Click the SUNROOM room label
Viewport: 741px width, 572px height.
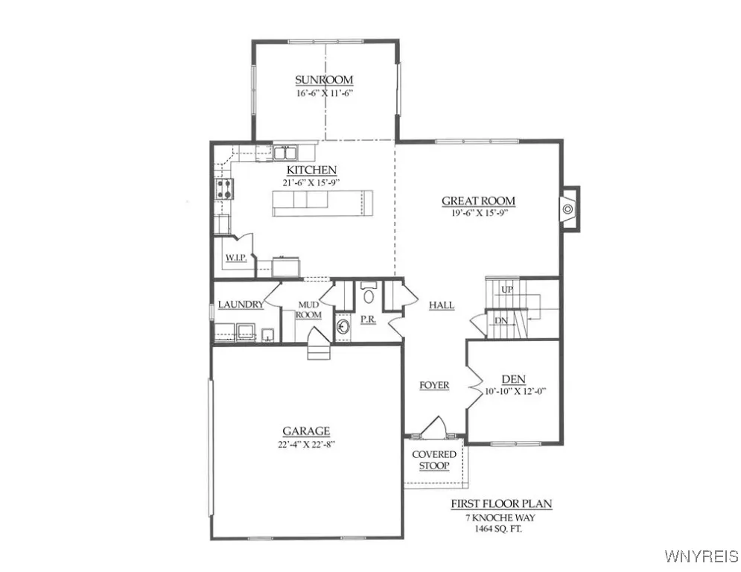click(x=324, y=80)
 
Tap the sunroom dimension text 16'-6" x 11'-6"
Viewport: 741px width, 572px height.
click(x=324, y=94)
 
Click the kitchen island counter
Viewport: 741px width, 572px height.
click(x=322, y=203)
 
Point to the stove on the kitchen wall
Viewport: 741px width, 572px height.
click(x=223, y=188)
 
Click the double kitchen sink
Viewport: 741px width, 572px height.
click(x=284, y=153)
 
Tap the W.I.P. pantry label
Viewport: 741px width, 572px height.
click(x=236, y=258)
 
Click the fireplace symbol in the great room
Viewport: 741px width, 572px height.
click(x=567, y=209)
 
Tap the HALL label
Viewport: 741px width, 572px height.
click(x=442, y=305)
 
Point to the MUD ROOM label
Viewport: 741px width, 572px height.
click(x=309, y=310)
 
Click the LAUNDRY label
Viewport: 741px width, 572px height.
click(x=241, y=305)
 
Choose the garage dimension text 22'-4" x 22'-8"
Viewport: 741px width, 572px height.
click(x=306, y=445)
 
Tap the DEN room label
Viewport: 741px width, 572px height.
click(x=514, y=378)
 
